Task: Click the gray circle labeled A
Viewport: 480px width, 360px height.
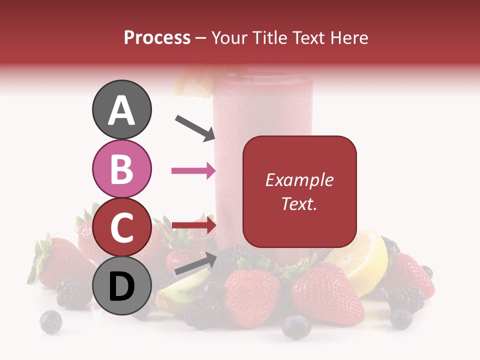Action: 122,110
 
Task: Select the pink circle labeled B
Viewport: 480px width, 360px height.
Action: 122,168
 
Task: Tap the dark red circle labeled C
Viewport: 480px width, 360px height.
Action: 122,227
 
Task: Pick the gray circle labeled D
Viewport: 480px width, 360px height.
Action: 122,285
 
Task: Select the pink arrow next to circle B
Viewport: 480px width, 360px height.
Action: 193,171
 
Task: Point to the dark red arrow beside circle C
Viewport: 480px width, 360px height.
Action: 193,225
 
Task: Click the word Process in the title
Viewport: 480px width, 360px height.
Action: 157,37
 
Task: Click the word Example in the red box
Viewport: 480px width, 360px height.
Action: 299,180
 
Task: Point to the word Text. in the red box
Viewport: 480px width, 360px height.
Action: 299,203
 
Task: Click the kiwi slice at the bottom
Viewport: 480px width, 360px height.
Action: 175,295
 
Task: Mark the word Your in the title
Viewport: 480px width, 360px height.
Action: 230,37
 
